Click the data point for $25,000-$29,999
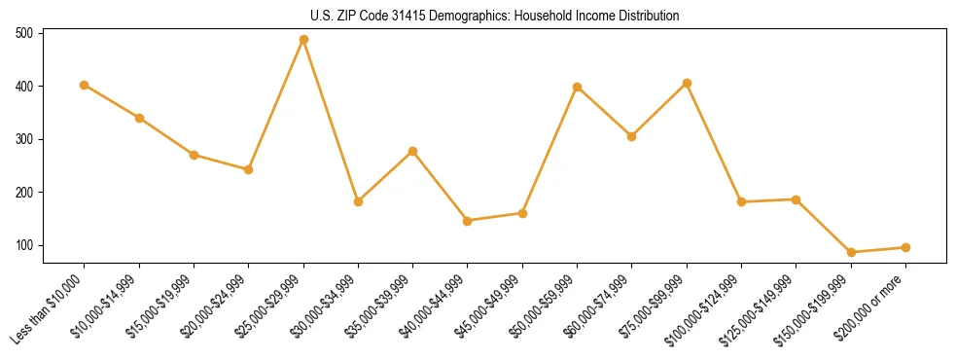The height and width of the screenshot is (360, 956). click(303, 40)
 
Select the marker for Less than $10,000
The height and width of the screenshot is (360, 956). click(85, 85)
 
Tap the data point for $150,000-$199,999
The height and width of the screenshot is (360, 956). click(797, 252)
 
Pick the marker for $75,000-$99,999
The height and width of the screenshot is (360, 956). click(687, 83)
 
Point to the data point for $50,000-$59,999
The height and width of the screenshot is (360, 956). click(578, 87)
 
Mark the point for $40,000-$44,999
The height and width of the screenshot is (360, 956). click(468, 221)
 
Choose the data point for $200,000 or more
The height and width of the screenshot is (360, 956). click(905, 247)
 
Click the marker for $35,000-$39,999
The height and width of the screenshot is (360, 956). click(413, 151)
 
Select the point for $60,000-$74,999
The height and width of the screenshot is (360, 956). click(632, 136)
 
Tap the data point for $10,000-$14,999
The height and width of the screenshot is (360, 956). click(139, 118)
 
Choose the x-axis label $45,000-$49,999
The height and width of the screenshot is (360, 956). click(489, 311)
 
